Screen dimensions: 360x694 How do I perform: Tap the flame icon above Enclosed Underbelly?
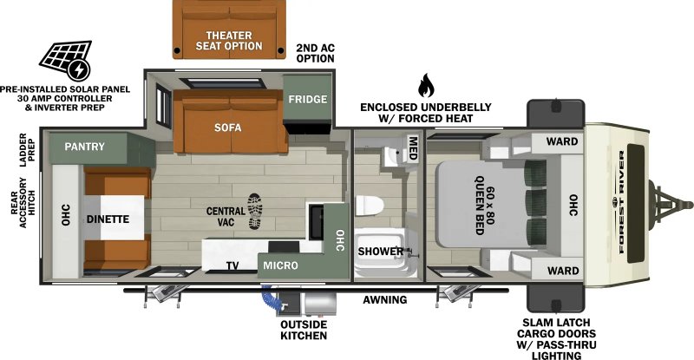(425, 85)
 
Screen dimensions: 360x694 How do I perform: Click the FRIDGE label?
(308, 100)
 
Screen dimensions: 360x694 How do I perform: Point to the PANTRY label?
(83, 147)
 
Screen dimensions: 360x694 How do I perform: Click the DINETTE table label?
(108, 219)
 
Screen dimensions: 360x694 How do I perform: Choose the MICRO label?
(282, 265)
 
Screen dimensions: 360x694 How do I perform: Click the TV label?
(232, 265)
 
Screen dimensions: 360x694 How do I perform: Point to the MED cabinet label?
(414, 148)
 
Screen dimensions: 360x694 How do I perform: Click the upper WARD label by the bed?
(562, 141)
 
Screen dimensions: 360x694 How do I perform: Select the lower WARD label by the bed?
(562, 271)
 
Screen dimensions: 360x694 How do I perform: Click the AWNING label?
(385, 300)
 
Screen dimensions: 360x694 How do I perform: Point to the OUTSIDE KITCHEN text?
(303, 330)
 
